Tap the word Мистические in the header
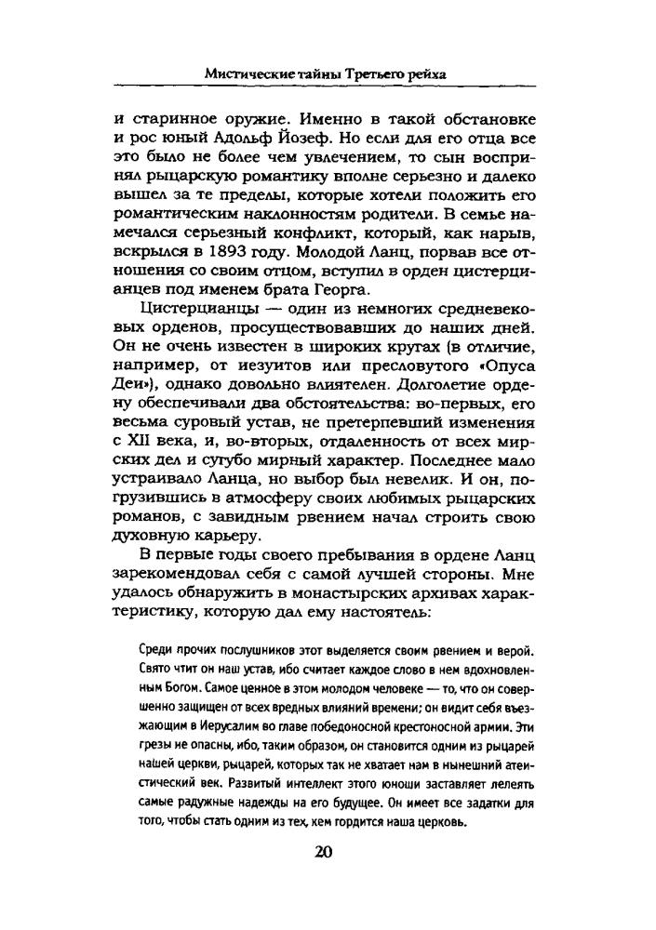point(248,73)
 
